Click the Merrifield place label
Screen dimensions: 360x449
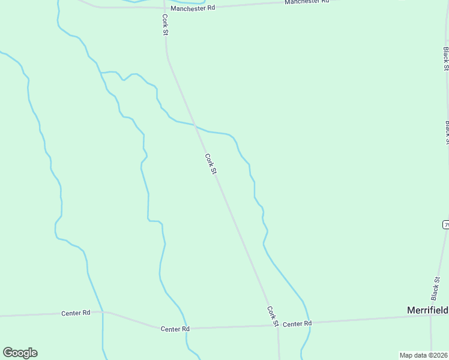coord(427,310)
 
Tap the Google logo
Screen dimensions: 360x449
coord(20,353)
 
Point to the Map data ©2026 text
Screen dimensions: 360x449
coord(424,355)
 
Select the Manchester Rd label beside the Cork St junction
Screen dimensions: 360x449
coord(193,8)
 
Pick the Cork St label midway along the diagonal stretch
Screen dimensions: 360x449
coord(210,164)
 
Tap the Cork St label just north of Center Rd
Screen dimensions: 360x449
coord(272,316)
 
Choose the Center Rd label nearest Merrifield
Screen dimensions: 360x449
coord(297,324)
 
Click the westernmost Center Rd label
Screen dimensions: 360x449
coord(76,313)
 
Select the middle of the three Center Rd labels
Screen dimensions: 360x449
coord(175,329)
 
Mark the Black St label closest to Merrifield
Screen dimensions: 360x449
coord(435,289)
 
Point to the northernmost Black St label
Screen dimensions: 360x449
coord(446,59)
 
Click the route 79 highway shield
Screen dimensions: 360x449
coord(446,224)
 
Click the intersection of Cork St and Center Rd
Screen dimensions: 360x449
coord(277,326)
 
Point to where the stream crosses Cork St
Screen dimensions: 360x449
coord(196,125)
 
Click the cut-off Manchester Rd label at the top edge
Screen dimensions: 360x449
coord(307,2)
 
